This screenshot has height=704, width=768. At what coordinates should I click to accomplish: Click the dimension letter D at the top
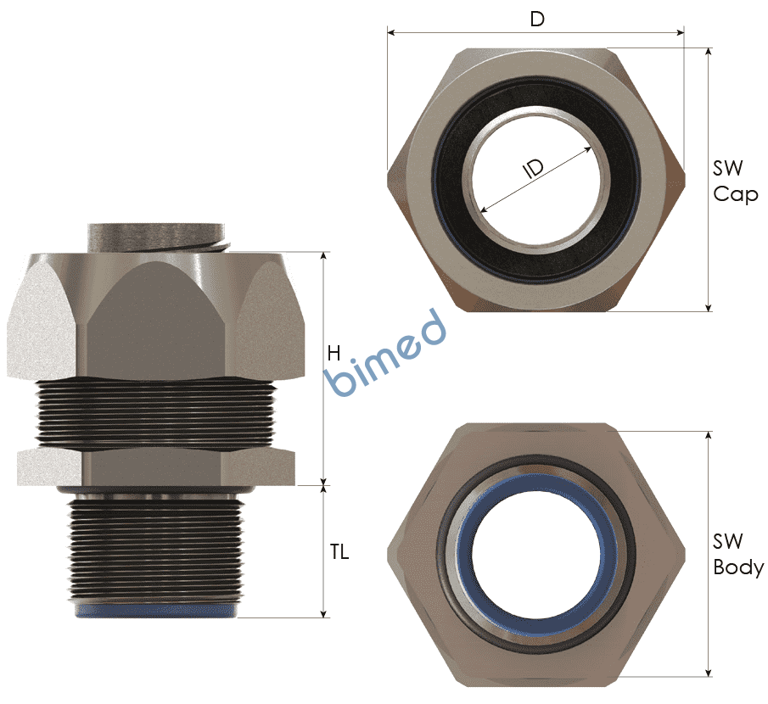pyautogui.click(x=537, y=20)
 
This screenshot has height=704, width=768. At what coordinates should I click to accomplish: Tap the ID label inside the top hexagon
pyautogui.click(x=534, y=169)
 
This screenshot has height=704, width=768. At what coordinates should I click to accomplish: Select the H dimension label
pyautogui.click(x=334, y=353)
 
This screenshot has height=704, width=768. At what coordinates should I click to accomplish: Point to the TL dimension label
pyautogui.click(x=339, y=552)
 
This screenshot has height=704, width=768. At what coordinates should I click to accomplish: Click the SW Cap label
pyautogui.click(x=735, y=182)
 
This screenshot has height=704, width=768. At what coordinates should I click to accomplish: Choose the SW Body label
pyautogui.click(x=738, y=554)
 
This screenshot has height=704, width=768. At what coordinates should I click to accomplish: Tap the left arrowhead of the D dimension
pyautogui.click(x=391, y=33)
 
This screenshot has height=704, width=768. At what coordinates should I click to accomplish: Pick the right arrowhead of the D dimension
pyautogui.click(x=681, y=33)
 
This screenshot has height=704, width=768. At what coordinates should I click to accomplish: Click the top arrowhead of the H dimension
pyautogui.click(x=323, y=256)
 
